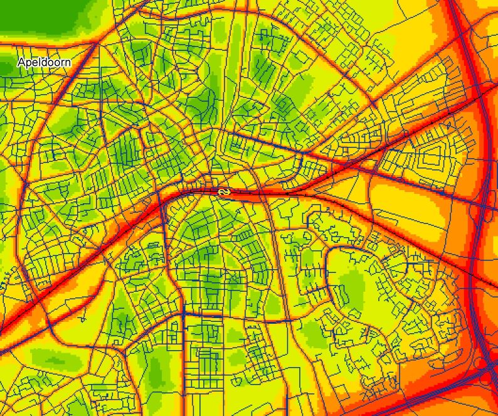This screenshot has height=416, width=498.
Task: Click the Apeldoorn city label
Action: [44, 63]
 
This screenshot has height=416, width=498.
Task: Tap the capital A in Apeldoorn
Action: [22, 63]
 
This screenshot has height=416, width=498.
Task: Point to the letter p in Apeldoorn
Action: [28, 63]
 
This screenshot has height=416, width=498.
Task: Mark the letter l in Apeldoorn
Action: [38, 63]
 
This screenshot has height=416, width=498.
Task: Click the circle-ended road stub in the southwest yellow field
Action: [82, 319]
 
